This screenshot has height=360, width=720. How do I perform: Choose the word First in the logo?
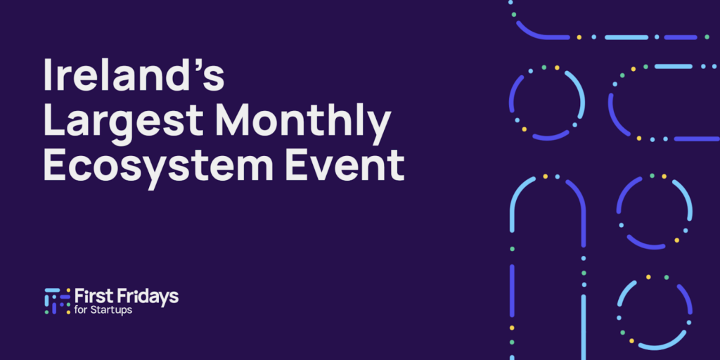[x=91, y=296]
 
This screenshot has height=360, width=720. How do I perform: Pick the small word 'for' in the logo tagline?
[x=79, y=310]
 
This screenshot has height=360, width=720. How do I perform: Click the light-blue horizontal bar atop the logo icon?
[x=52, y=290]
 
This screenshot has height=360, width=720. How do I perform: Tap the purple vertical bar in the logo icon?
[x=54, y=304]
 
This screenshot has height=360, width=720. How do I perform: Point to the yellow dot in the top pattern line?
[x=579, y=37]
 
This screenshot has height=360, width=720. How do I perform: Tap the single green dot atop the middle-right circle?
[x=652, y=176]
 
